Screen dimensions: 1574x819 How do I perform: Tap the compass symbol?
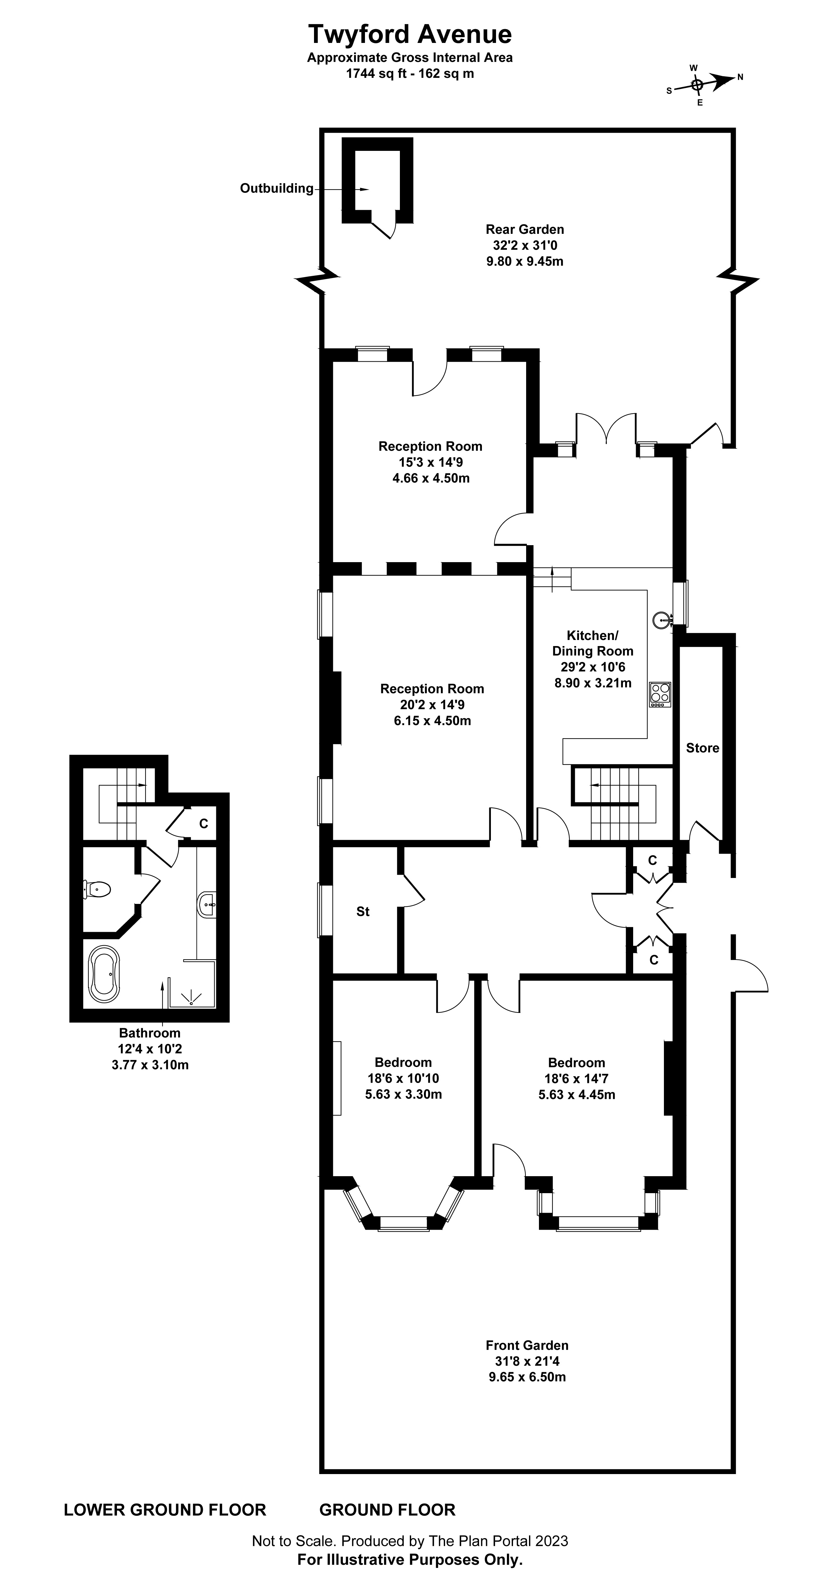coord(697,84)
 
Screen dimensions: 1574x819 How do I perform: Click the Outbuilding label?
coord(276,189)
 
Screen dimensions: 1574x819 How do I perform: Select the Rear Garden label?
coord(525,230)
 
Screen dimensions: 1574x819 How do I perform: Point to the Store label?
coord(702,748)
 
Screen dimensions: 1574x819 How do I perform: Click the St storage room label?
coord(363,912)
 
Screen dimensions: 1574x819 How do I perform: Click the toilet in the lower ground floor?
coord(98,889)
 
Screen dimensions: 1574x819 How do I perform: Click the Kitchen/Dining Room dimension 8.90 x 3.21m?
coord(592,683)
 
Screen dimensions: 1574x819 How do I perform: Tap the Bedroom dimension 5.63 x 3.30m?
coord(403,1094)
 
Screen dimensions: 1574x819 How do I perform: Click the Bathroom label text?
coord(150,1033)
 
